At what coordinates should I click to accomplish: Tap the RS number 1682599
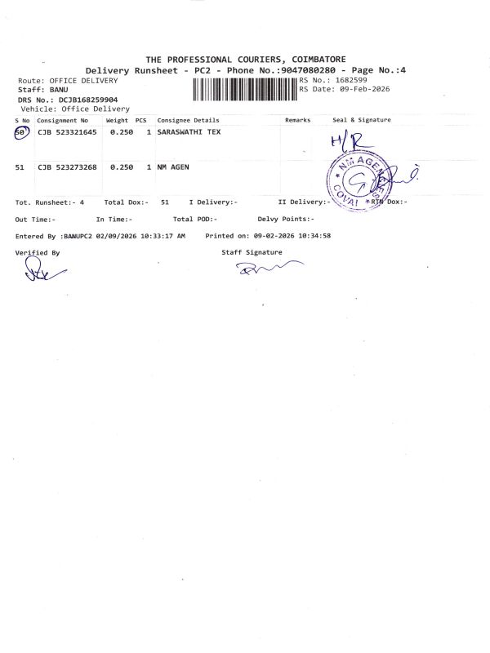click(x=351, y=80)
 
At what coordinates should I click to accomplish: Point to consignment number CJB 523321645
click(x=68, y=132)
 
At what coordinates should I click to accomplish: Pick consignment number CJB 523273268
click(x=68, y=167)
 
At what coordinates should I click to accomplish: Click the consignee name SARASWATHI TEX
click(x=189, y=132)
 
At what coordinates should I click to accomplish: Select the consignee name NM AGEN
click(x=175, y=167)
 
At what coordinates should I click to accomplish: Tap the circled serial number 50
click(x=21, y=133)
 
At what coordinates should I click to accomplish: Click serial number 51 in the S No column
click(x=20, y=167)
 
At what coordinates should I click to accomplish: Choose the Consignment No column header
click(x=62, y=120)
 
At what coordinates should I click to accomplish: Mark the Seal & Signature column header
click(x=362, y=120)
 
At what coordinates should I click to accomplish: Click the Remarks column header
click(x=298, y=120)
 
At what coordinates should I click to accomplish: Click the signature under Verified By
click(x=37, y=273)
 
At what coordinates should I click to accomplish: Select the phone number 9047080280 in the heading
click(x=314, y=71)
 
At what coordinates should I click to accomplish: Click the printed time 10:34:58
click(x=314, y=236)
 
